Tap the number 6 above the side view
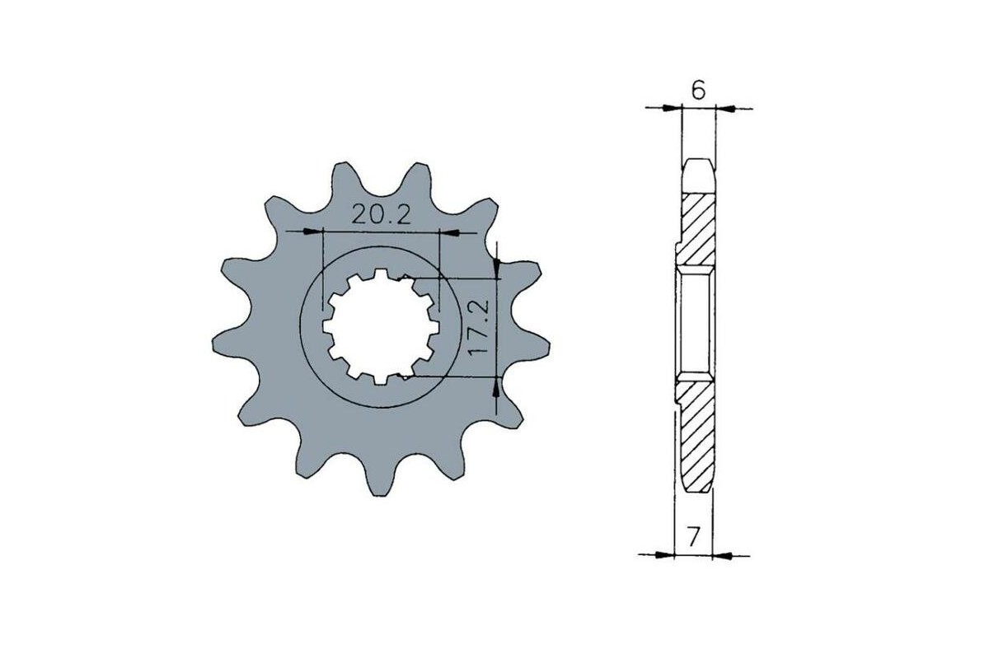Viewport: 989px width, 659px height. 698,91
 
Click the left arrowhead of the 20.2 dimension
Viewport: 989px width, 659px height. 313,233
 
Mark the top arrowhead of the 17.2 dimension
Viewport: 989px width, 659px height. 497,266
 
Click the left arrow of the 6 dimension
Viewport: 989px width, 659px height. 676,107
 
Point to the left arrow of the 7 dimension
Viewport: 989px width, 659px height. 666,554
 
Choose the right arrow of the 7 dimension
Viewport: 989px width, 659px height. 721,554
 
